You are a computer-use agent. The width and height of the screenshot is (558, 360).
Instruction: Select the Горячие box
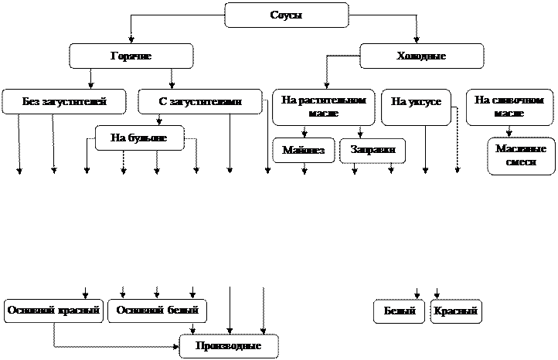[x=131, y=56]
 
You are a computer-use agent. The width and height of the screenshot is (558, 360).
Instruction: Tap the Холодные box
[x=421, y=56]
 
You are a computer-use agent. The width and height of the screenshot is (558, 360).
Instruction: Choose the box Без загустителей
[x=64, y=102]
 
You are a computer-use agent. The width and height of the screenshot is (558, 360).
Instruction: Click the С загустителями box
[x=199, y=102]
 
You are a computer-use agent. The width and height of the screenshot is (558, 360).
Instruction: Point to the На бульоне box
[x=140, y=138]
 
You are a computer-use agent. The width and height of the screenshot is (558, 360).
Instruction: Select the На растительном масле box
[x=323, y=107]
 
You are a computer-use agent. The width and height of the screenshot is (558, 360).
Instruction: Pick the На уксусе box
[x=416, y=107]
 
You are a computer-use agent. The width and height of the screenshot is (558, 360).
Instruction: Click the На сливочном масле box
[x=509, y=107]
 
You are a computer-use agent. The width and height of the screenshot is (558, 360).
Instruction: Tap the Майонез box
[x=304, y=151]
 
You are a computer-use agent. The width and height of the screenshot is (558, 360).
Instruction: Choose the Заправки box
[x=373, y=151]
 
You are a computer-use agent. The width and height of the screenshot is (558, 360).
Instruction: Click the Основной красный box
[x=53, y=311]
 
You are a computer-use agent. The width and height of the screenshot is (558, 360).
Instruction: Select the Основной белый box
[x=158, y=311]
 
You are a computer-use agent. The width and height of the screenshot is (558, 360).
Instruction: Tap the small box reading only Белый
[x=399, y=311]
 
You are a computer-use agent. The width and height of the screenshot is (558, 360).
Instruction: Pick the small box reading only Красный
[x=456, y=311]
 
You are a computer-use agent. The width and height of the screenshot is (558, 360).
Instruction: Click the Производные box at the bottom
[x=228, y=346]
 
